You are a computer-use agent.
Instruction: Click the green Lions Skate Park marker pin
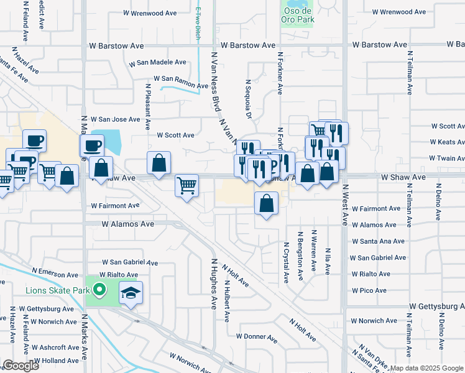[x=99, y=289]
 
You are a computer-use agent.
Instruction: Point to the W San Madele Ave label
[x=157, y=63]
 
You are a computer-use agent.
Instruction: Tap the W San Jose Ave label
[x=116, y=119]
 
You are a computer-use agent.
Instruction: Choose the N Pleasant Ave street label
[x=148, y=107]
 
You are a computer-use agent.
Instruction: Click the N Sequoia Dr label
[x=248, y=99]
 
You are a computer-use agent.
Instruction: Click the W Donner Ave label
[x=256, y=337]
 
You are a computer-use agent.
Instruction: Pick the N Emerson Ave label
[x=55, y=274]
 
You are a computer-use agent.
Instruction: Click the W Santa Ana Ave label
[x=379, y=241]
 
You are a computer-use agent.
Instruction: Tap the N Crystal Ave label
[x=286, y=263]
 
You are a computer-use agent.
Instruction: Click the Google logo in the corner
[x=20, y=366]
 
